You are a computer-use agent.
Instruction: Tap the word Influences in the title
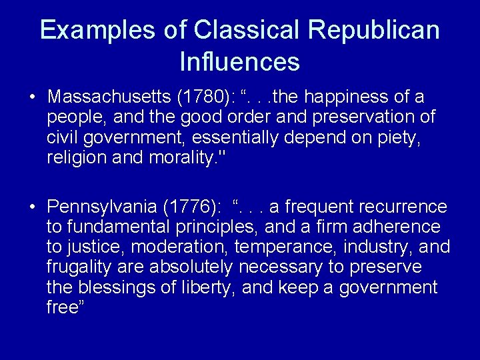[x=239, y=62]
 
